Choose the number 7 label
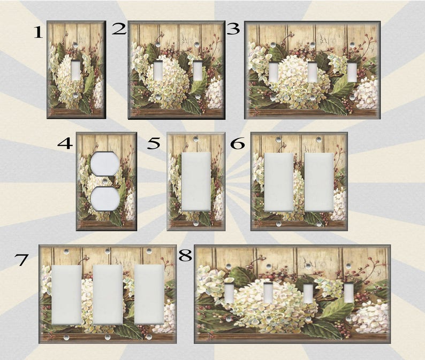click(22, 261)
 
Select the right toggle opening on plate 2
click(198, 70)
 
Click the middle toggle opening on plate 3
click(312, 72)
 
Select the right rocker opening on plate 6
click(319, 182)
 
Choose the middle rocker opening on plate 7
click(108, 294)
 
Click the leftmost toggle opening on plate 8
click(229, 294)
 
